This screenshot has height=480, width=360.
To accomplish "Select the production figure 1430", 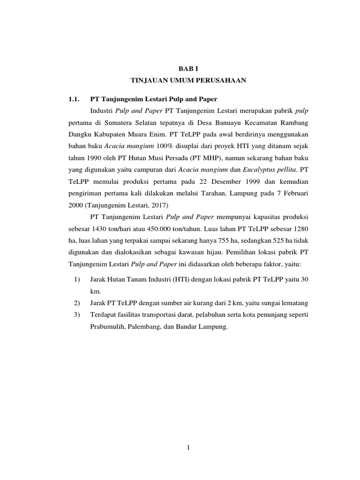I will click(x=99, y=228).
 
